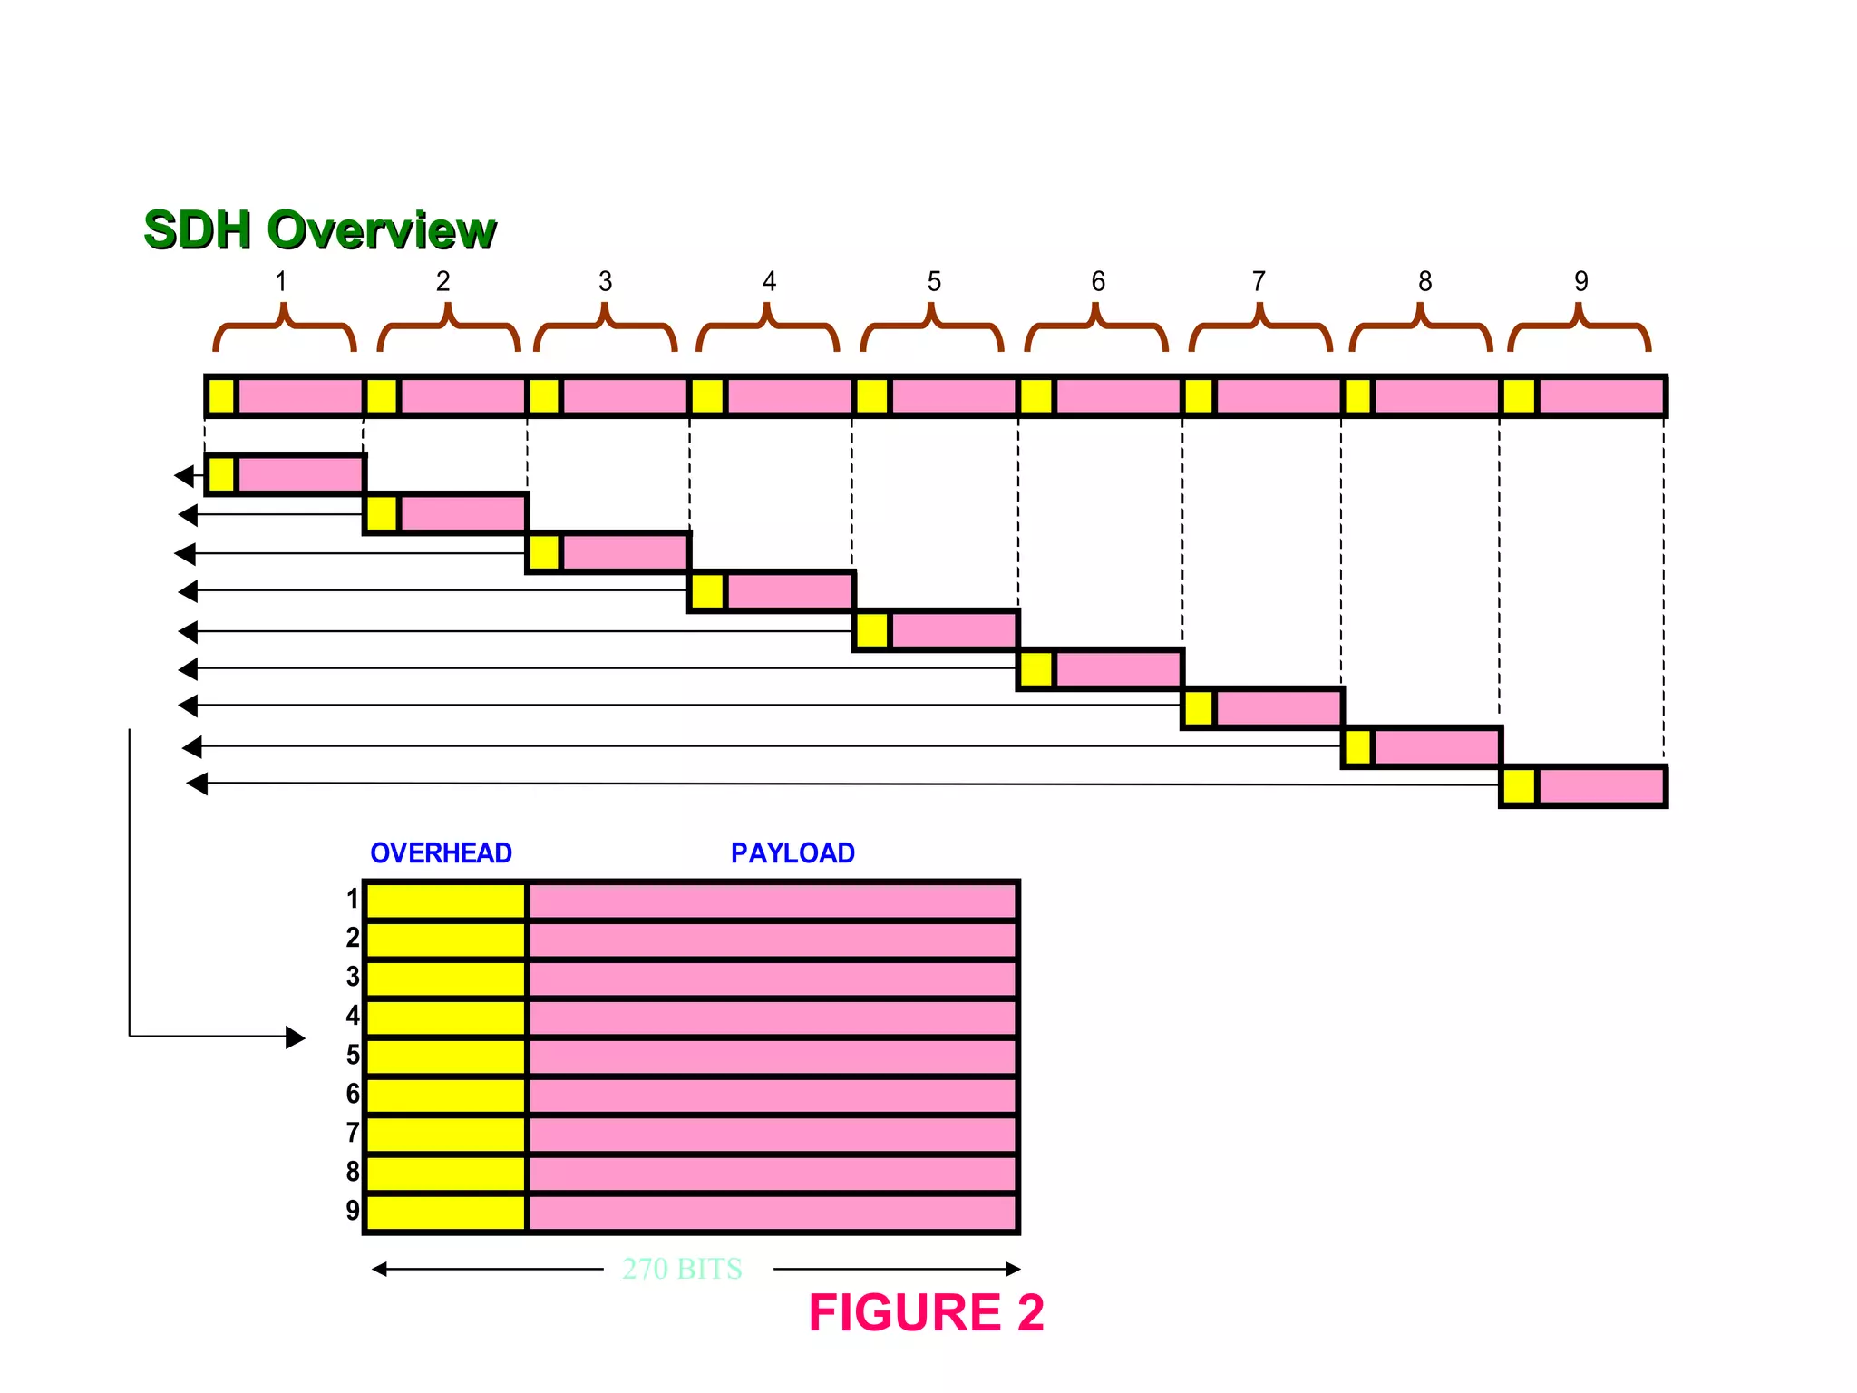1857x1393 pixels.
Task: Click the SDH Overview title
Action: (x=319, y=229)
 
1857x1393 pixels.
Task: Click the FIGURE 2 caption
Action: (x=926, y=1312)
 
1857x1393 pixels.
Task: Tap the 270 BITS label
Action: (x=682, y=1269)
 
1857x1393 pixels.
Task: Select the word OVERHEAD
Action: (x=441, y=852)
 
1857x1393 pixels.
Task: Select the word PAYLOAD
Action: (x=792, y=852)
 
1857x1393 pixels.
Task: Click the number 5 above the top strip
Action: (x=934, y=281)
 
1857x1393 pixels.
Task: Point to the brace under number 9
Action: (x=1579, y=330)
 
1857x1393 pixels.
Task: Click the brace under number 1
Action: (x=284, y=330)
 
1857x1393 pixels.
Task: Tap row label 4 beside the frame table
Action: (x=353, y=1016)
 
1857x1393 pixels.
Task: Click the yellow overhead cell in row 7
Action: (x=445, y=1135)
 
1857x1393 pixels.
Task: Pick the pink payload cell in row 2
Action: (x=772, y=939)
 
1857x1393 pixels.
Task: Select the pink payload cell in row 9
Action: (x=772, y=1213)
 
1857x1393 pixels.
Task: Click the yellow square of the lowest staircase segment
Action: (x=1519, y=786)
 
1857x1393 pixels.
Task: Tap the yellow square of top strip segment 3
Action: (x=543, y=396)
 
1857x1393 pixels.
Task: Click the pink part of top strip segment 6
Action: (x=1117, y=396)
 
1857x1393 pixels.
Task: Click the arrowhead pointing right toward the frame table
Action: (x=296, y=1037)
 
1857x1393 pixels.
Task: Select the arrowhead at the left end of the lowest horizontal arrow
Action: (x=197, y=784)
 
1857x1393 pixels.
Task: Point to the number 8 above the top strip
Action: (x=1424, y=281)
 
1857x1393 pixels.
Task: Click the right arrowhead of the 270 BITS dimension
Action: (x=1013, y=1269)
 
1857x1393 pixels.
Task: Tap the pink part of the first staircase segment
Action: (x=299, y=474)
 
